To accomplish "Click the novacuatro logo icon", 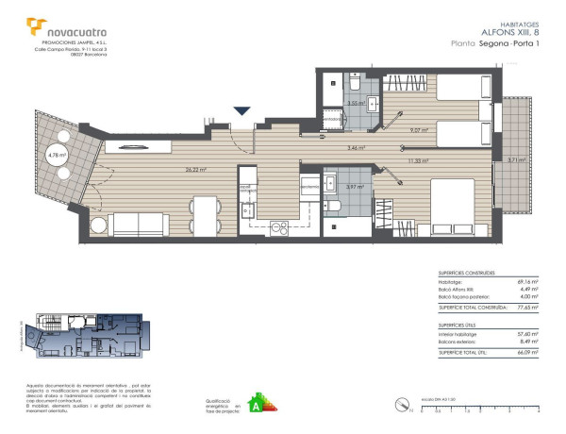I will click(36, 27).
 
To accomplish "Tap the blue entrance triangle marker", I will click(243, 111).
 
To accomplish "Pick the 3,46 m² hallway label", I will click(357, 148).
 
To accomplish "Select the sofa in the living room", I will click(138, 224).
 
